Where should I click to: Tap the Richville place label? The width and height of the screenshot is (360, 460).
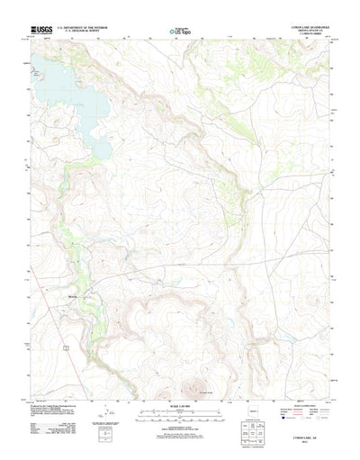[x=74, y=294]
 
